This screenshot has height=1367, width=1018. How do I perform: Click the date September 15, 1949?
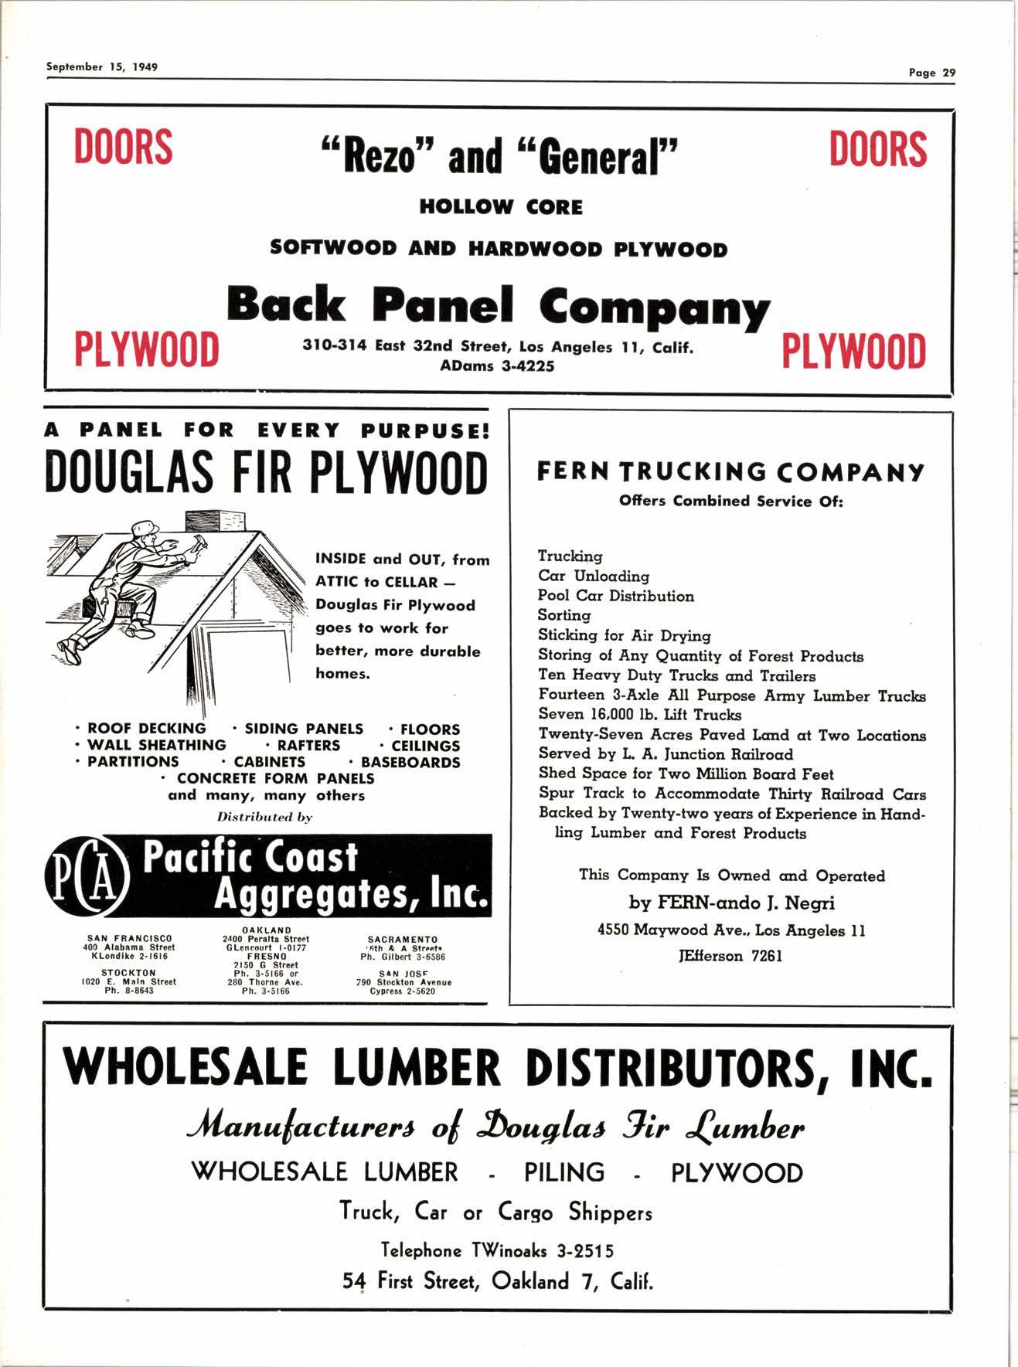click(102, 66)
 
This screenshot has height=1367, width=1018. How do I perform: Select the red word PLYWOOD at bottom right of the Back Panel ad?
click(853, 352)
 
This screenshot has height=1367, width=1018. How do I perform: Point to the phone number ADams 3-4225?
click(497, 366)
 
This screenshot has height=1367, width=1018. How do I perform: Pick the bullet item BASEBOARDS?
click(410, 762)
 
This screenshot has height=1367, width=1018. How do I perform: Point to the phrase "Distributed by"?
click(264, 817)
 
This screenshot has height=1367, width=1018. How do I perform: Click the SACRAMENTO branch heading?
click(402, 940)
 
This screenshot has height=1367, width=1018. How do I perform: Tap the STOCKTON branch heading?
click(128, 973)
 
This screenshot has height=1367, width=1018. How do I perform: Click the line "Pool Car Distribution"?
click(616, 596)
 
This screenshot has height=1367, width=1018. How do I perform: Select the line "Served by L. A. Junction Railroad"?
click(666, 754)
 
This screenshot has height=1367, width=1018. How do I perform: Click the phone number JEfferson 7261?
click(730, 956)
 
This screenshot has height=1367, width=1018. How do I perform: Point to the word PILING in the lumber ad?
click(564, 1172)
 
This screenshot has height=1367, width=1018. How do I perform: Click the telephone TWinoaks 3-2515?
click(498, 1250)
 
